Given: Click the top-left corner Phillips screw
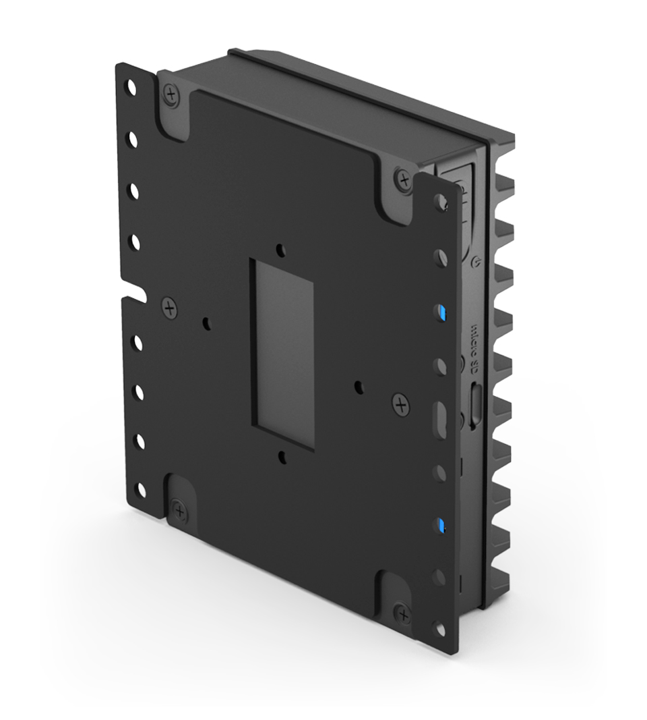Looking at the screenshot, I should click(x=171, y=93).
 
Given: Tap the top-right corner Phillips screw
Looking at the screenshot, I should click(x=404, y=180).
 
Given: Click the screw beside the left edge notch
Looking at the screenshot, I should click(x=169, y=309).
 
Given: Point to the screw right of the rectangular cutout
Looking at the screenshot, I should click(x=400, y=405).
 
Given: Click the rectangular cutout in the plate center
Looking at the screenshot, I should click(x=284, y=354).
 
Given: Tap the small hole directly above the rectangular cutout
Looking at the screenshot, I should click(x=279, y=247).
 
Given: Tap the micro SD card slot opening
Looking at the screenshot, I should click(x=475, y=405).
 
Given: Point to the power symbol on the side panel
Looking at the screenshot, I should click(x=477, y=260).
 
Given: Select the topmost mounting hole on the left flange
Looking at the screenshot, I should click(x=132, y=88).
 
